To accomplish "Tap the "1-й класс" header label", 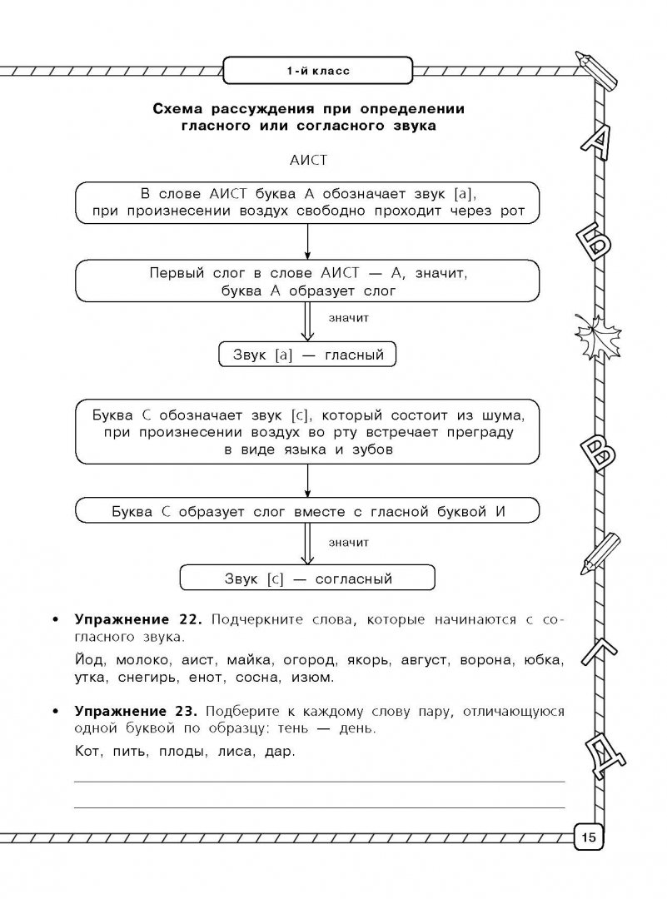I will [x=317, y=71].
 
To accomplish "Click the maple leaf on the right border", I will [x=594, y=335].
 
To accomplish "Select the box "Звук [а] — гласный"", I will [x=306, y=355].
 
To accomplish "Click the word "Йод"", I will [x=91, y=661].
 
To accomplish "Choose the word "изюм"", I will [x=311, y=678].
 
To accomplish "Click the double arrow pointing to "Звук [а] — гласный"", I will [x=308, y=321].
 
